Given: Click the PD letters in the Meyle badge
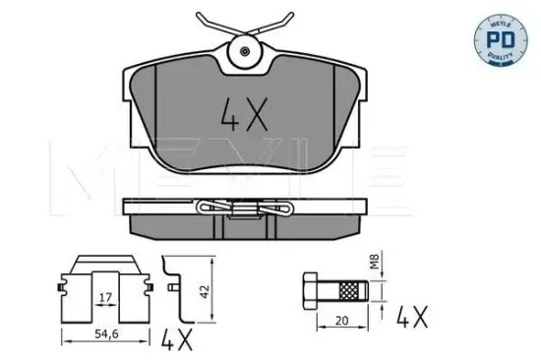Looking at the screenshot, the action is [x=501, y=39].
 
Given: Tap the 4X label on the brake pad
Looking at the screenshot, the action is [x=244, y=115].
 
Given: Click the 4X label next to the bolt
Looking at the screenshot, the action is [x=412, y=317].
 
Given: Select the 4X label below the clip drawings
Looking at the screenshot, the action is [x=177, y=339].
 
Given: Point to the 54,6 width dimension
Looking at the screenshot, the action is [x=106, y=333].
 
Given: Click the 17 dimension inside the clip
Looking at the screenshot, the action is [x=105, y=297].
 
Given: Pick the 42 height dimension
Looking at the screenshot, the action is [x=205, y=292].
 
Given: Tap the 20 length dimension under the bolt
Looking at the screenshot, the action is [x=341, y=321].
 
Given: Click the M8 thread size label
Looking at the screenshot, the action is [x=375, y=262].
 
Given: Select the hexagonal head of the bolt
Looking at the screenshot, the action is [x=310, y=290].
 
